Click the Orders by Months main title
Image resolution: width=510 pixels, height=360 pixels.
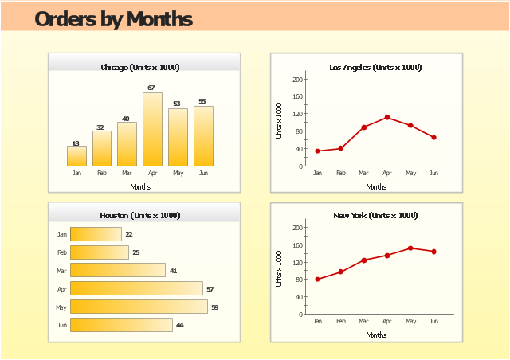113,18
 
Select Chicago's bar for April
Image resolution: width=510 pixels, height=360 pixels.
152,129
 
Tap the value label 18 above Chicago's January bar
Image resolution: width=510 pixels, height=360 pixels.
76,143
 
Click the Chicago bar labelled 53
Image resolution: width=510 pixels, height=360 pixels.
178,137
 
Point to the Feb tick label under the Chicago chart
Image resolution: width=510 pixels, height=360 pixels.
102,173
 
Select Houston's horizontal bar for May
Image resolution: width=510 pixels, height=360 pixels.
139,307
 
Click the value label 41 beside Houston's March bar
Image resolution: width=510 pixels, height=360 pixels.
173,271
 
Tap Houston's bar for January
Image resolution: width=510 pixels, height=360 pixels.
96,234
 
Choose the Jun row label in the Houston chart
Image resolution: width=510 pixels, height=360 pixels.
62,325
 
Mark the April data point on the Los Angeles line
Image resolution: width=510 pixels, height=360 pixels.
387,117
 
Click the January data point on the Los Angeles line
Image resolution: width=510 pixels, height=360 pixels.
317,151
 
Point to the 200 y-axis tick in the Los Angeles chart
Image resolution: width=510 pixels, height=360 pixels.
297,80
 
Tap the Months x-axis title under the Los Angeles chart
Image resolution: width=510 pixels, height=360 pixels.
376,187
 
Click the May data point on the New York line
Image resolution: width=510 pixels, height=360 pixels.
410,248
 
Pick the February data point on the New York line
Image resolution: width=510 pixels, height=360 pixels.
340,272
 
